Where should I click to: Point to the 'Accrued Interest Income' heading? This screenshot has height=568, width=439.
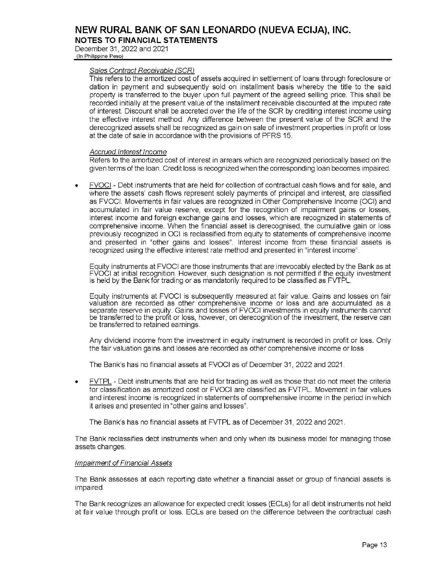pyautogui.click(x=128, y=152)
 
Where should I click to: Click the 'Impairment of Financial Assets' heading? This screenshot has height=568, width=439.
pyautogui.click(x=123, y=463)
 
